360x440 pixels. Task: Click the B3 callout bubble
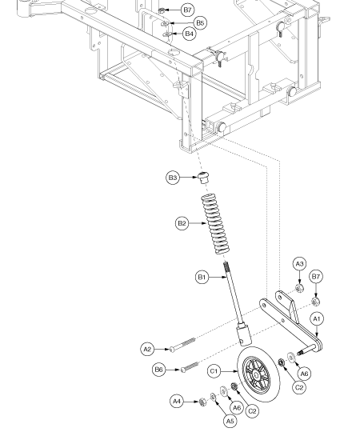pyautogui.click(x=173, y=178)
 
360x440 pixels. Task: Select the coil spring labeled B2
pyautogui.click(x=215, y=224)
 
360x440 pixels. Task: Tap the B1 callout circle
pyautogui.click(x=202, y=278)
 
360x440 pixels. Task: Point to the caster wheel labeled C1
pyautogui.click(x=258, y=374)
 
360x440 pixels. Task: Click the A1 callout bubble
pyautogui.click(x=317, y=319)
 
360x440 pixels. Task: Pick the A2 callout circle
pyautogui.click(x=147, y=350)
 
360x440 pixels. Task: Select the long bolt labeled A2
pyautogui.click(x=182, y=345)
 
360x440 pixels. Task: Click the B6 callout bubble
pyautogui.click(x=159, y=370)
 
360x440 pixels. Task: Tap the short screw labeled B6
pyautogui.click(x=190, y=367)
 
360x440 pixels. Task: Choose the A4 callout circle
pyautogui.click(x=177, y=402)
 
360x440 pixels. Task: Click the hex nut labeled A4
pyautogui.click(x=202, y=402)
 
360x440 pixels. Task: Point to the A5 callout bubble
pyautogui.click(x=230, y=421)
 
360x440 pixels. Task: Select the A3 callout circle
pyautogui.click(x=300, y=264)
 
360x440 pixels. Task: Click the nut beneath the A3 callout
pyautogui.click(x=299, y=288)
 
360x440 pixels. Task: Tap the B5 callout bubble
pyautogui.click(x=200, y=22)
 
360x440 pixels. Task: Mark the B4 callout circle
pyautogui.click(x=190, y=34)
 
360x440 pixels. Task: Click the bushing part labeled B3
pyautogui.click(x=203, y=178)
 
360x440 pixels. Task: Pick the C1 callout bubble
pyautogui.click(x=214, y=371)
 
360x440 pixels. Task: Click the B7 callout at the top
pyautogui.click(x=187, y=10)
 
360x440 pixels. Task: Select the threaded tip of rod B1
pyautogui.click(x=226, y=267)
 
